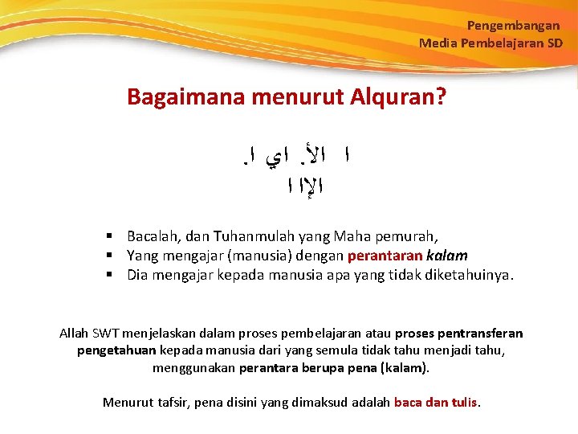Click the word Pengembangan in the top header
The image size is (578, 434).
tap(513, 26)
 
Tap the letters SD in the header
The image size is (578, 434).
tap(555, 43)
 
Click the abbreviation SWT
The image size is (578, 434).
tap(106, 333)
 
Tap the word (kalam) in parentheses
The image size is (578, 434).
tap(402, 368)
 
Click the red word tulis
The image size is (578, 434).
tap(462, 402)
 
